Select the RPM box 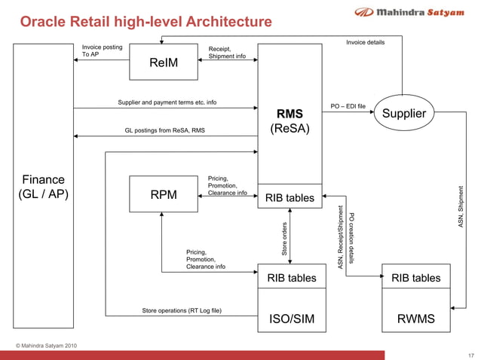[164, 194]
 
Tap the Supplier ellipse [404, 114]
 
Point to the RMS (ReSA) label [290, 121]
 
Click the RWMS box [416, 319]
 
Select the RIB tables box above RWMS [416, 278]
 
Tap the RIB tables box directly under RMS [290, 198]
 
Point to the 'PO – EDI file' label [348, 106]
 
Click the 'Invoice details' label [365, 42]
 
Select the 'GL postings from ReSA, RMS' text [164, 130]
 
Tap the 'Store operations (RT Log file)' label [182, 310]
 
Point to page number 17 [471, 354]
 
